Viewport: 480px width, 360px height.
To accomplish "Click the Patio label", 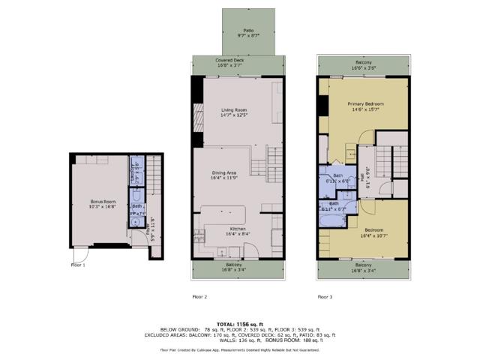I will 238,31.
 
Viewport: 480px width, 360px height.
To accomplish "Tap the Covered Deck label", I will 238,62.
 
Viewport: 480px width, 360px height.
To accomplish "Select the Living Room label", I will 234,113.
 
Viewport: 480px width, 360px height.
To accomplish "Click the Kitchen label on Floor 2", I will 238,230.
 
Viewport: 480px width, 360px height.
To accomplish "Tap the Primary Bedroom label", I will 365,106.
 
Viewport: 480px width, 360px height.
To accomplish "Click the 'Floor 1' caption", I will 78,264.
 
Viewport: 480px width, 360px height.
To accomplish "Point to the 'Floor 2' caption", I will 199,296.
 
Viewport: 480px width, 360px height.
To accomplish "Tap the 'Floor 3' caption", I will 325,296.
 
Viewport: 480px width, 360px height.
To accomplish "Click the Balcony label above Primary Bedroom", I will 363,64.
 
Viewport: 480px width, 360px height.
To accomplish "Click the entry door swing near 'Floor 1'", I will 80,253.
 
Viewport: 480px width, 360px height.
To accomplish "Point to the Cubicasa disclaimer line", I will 238,349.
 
